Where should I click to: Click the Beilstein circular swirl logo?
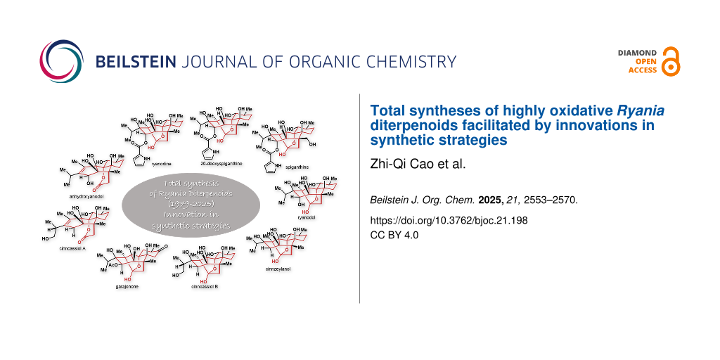pyautogui.click(x=61, y=61)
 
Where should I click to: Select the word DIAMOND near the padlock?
pyautogui.click(x=636, y=53)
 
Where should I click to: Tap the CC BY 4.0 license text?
pyautogui.click(x=394, y=235)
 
